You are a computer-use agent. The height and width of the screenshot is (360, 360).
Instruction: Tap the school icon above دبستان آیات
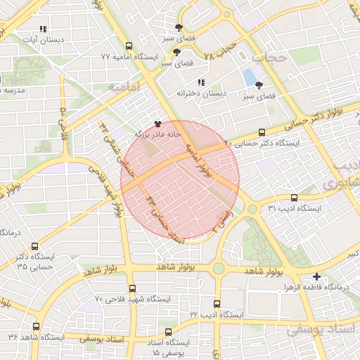(43, 30)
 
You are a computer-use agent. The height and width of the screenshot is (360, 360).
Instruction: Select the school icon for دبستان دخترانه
(202, 83)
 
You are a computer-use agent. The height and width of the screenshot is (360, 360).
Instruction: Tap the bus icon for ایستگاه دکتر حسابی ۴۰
(262, 132)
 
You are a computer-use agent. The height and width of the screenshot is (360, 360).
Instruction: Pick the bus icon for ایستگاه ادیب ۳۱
(293, 198)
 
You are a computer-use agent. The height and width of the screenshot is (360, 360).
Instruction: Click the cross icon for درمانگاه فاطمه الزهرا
(317, 277)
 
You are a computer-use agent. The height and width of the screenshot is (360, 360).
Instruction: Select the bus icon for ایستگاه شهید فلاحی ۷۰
(133, 288)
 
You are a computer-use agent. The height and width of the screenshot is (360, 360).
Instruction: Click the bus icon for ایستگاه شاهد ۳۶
(36, 327)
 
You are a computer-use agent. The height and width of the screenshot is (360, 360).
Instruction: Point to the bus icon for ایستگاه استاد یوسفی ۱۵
(167, 332)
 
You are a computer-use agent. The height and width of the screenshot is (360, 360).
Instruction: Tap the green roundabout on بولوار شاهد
(218, 269)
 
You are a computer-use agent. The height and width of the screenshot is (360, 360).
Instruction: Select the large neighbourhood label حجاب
(271, 56)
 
